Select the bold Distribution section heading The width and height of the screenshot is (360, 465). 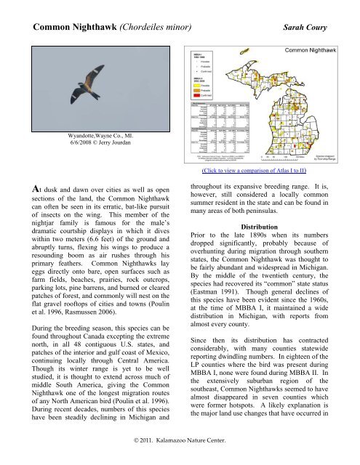point(270,246)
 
